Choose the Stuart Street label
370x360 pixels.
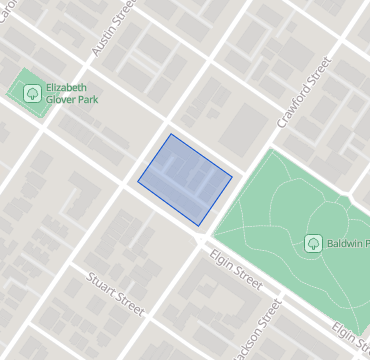pos(117,296)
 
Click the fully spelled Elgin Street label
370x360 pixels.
pos(235,269)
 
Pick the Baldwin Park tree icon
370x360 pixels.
pos(313,243)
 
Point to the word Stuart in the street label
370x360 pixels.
pos(102,286)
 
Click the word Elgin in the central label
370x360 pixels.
pos(220,259)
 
